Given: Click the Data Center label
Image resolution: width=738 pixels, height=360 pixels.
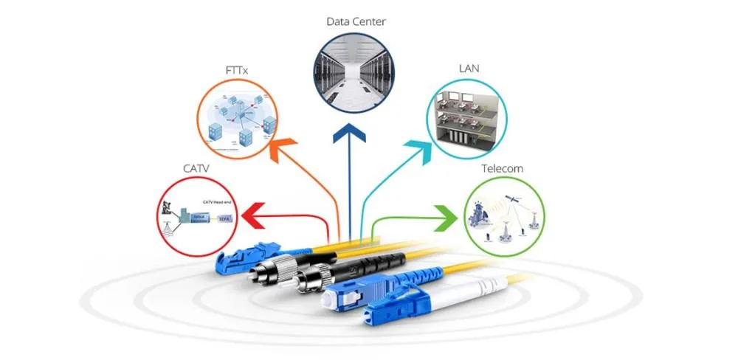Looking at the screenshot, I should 356,21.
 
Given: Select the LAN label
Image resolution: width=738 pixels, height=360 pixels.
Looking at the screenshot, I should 469,69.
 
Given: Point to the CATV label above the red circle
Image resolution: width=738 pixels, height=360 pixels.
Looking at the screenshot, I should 196,168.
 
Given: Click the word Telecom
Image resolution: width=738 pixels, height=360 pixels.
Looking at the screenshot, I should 502,168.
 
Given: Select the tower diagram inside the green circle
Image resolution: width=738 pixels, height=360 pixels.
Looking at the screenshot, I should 504,216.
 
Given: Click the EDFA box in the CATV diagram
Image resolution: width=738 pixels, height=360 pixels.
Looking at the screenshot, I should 224,218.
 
